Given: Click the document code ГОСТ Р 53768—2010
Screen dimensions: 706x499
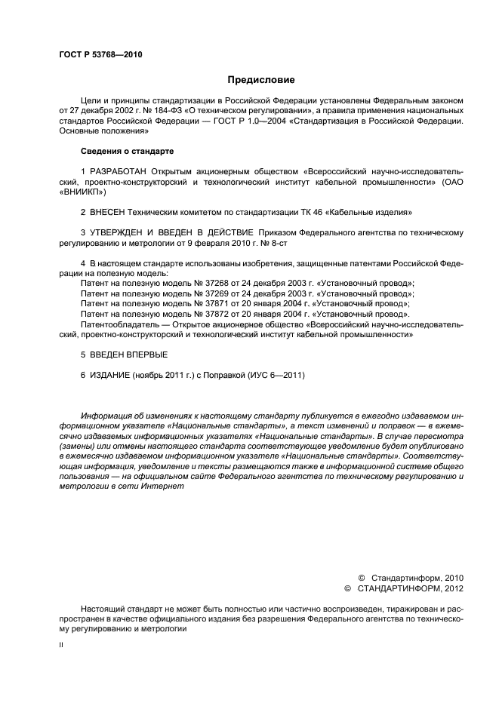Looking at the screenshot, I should (100, 55).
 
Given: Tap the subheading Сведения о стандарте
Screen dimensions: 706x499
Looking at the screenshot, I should (126, 151).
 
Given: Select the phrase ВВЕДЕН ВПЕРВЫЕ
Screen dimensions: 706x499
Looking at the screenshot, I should (128, 353).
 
